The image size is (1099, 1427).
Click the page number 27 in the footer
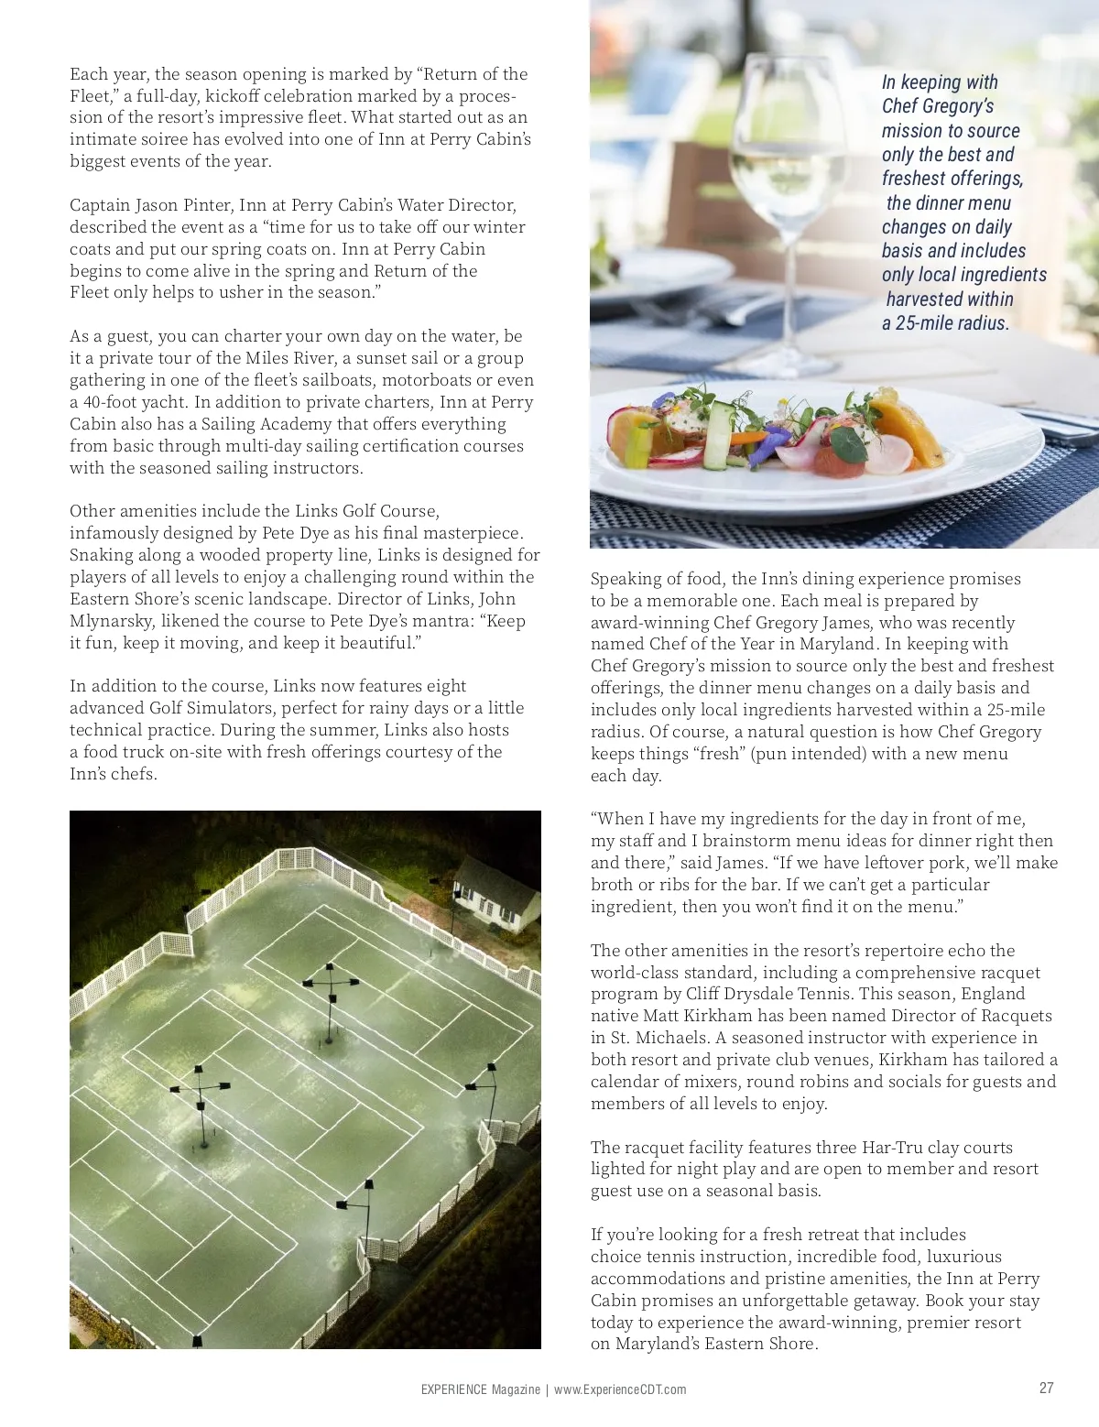click(x=1046, y=1388)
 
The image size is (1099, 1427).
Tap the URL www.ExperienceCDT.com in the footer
click(x=620, y=1389)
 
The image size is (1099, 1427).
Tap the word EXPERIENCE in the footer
click(x=453, y=1389)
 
